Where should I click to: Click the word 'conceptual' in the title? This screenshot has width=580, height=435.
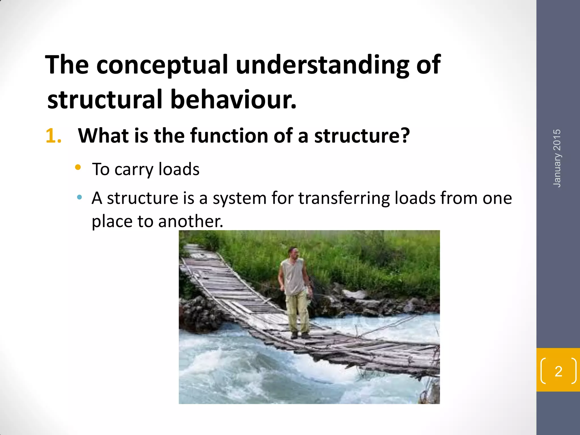162,65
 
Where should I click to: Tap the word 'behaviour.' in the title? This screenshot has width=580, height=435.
233,100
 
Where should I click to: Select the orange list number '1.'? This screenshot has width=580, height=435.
54,136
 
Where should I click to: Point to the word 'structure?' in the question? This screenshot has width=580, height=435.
362,136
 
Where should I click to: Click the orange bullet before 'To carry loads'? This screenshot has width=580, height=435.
78,167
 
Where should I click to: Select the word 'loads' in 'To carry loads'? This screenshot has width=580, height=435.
179,169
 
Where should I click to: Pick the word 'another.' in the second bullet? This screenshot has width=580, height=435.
191,221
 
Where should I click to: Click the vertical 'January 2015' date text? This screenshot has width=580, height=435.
557,158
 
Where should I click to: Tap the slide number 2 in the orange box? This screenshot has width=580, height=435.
558,371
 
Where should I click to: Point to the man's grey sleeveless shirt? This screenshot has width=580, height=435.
293,276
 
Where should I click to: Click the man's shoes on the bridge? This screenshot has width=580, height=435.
300,336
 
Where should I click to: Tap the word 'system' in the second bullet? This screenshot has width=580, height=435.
240,199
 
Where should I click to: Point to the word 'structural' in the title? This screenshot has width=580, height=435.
105,100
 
